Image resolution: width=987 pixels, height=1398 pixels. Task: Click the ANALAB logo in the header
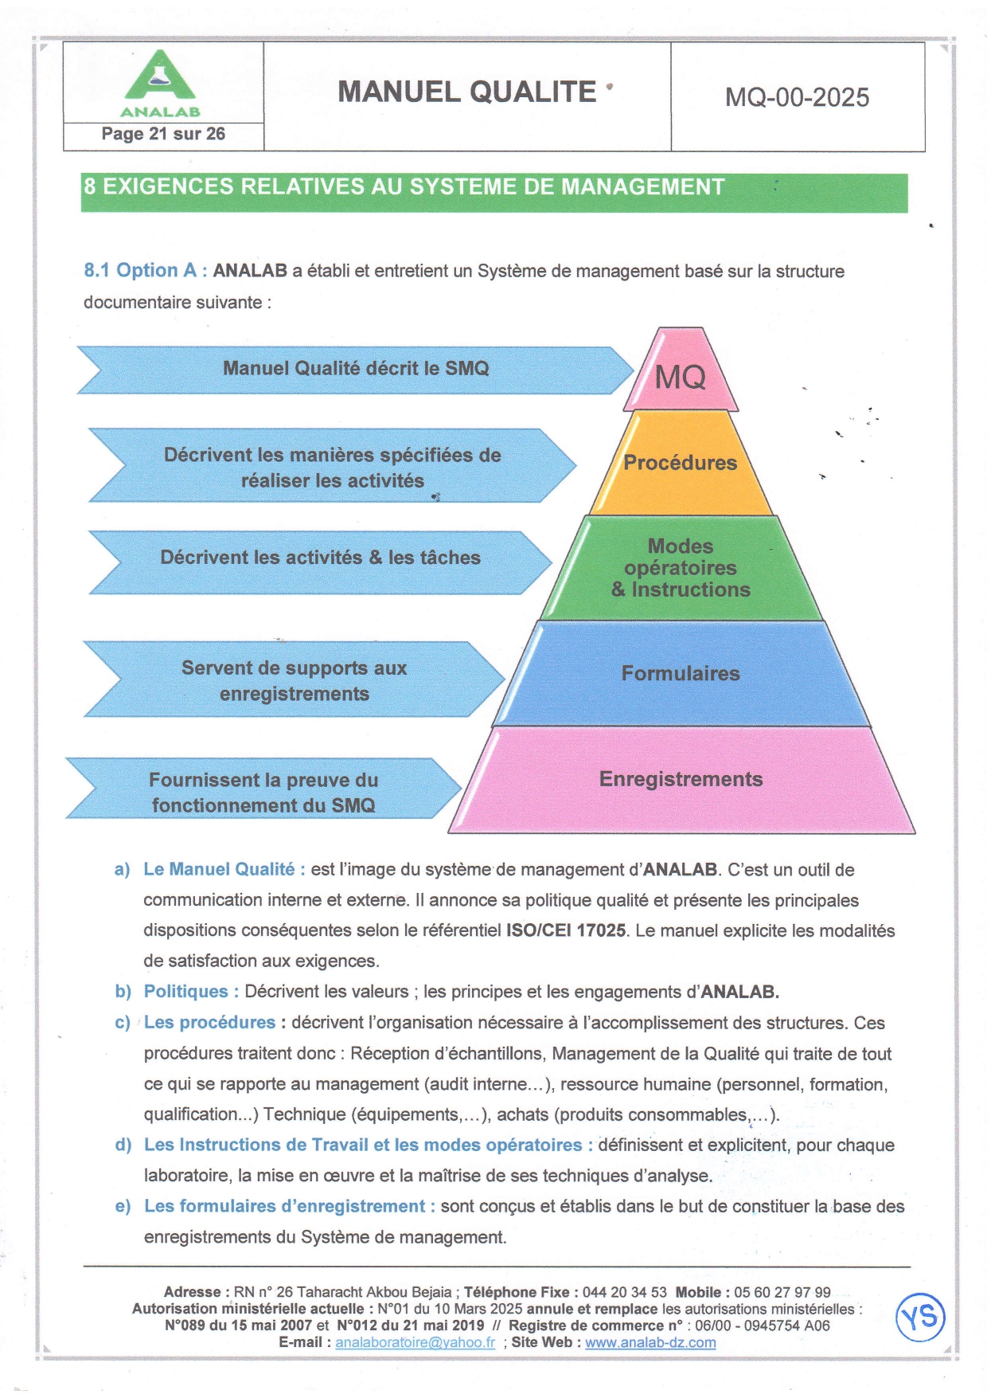(160, 84)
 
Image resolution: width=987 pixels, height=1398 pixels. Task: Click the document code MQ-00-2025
(797, 97)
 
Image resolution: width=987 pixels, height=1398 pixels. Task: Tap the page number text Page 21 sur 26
(163, 134)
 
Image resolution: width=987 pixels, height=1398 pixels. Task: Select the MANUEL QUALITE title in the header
(467, 92)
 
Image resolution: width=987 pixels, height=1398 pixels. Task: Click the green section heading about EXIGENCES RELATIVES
(404, 187)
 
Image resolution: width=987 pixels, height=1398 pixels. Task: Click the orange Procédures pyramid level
(681, 463)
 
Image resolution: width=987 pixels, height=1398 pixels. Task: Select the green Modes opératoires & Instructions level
(681, 568)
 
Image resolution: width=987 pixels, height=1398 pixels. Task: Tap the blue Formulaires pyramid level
(681, 674)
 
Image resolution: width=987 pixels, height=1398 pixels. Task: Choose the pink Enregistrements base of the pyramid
(681, 780)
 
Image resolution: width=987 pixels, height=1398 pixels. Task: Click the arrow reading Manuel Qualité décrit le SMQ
(355, 369)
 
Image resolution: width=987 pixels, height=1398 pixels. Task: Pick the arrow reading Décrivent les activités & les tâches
(320, 558)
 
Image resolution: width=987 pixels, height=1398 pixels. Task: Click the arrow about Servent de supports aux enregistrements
(294, 680)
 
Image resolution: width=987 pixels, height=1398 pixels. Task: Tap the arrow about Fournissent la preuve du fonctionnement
(263, 792)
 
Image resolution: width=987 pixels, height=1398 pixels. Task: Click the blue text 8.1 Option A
(146, 271)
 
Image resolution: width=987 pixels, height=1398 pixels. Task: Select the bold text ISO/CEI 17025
(565, 930)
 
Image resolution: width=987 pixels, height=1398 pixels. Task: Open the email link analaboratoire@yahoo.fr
(415, 1342)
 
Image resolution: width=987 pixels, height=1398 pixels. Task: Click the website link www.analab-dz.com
(650, 1342)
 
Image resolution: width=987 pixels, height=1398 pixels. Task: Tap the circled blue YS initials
(920, 1317)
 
